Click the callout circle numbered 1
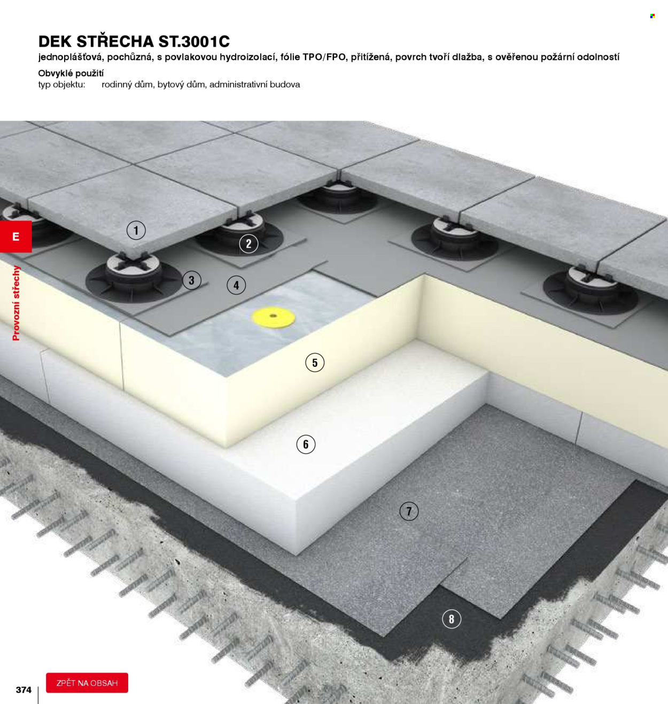click(x=136, y=230)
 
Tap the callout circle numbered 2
click(x=248, y=244)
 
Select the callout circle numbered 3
click(x=192, y=280)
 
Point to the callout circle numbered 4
click(x=236, y=285)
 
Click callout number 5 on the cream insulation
click(x=315, y=363)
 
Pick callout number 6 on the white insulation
click(x=306, y=445)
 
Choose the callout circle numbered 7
click(x=409, y=511)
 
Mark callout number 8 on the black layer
click(x=452, y=619)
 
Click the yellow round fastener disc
click(x=274, y=317)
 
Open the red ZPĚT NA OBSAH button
click(x=87, y=683)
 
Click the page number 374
click(x=24, y=690)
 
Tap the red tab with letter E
click(x=15, y=236)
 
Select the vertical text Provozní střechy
click(x=16, y=303)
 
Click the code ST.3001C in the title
click(x=194, y=42)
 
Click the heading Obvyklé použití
click(x=71, y=73)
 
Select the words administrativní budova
click(x=255, y=85)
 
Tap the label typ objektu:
click(x=62, y=85)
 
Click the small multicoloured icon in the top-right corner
click(x=653, y=16)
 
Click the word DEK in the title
click(x=55, y=42)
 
